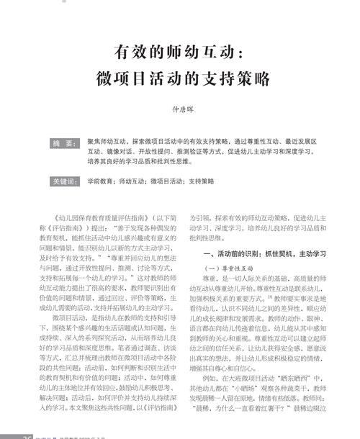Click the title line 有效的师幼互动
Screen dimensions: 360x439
[179, 52]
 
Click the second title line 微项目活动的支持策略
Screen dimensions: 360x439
[180, 78]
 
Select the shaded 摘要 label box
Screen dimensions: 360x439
[64, 143]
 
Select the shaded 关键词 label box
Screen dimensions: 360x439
[64, 181]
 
